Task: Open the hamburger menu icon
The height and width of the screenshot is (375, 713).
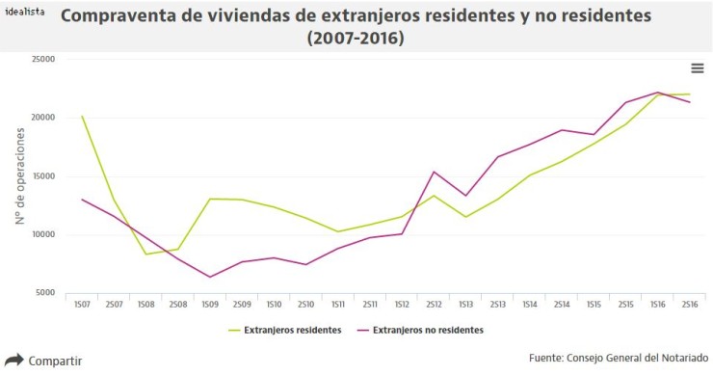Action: [697, 67]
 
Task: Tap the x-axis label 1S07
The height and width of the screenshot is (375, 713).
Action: [83, 305]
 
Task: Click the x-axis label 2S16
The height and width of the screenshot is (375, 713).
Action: [688, 305]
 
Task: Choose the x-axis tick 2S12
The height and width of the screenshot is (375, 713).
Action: [433, 305]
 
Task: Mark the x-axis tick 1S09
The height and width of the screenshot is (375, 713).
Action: [210, 305]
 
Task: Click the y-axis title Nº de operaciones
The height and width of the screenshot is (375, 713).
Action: [19, 176]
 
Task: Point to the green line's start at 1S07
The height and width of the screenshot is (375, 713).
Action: [83, 117]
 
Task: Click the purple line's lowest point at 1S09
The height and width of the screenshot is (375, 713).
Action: [210, 277]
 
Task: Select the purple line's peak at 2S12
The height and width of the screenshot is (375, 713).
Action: [434, 172]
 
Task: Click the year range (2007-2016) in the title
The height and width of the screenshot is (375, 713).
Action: [355, 39]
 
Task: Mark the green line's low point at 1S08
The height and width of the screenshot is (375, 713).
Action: [146, 254]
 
